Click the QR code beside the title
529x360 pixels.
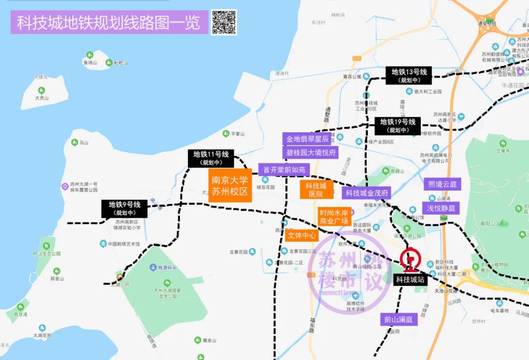click(224, 23)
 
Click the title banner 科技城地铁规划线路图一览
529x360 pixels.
click(109, 23)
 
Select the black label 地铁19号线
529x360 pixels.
click(397, 126)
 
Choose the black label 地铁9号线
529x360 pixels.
click(124, 209)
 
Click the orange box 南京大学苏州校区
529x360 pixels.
click(230, 185)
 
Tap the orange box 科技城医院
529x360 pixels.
click(316, 190)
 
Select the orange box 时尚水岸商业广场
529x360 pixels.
click(334, 217)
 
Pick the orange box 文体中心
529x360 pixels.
click(302, 236)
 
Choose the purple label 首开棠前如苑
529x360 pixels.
click(284, 170)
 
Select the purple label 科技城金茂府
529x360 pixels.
click(367, 193)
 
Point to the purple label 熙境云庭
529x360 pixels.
click(442, 184)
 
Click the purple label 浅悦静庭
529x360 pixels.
click(441, 208)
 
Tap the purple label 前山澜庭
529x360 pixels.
click(398, 320)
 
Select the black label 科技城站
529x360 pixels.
click(409, 280)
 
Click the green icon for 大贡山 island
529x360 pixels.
click(42, 90)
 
